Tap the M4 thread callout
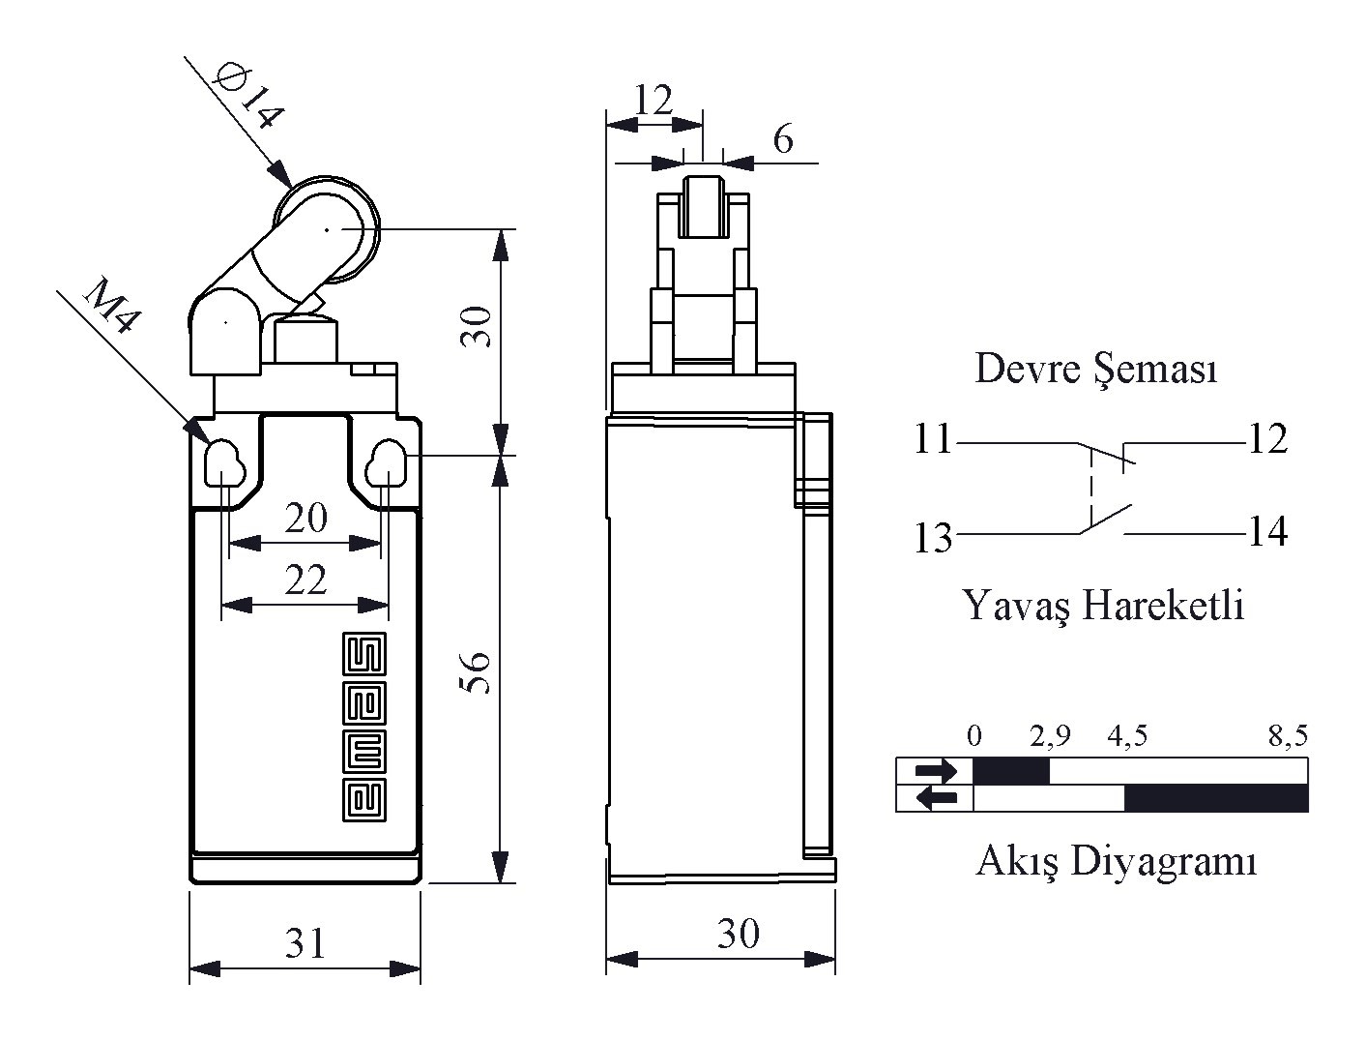tap(108, 306)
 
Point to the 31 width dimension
tap(305, 941)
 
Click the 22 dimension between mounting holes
tap(305, 580)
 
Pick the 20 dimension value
tap(305, 519)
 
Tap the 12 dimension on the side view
tap(653, 100)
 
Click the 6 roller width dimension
tap(783, 140)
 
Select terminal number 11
tap(934, 440)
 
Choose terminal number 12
tap(1267, 440)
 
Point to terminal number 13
tap(934, 538)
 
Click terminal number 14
tap(1267, 532)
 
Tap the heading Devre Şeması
tap(1095, 369)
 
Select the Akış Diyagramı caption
tap(1117, 860)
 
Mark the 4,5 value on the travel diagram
tap(1127, 736)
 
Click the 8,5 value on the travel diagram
tap(1288, 736)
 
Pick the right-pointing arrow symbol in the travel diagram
tap(936, 771)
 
